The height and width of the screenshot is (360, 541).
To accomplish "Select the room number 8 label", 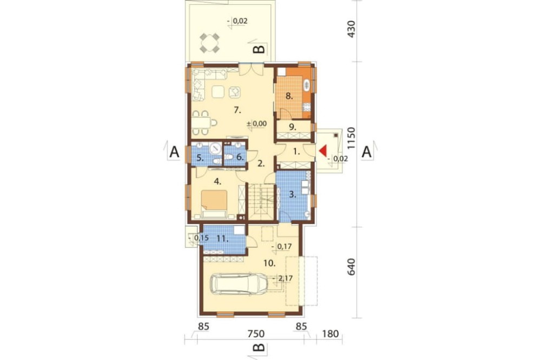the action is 289,96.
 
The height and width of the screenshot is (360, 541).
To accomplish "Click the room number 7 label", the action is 237,110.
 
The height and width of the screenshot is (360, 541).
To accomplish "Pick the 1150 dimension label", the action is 351,138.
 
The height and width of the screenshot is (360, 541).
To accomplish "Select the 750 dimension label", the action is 256,334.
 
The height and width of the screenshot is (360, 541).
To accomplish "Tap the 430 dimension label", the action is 351,29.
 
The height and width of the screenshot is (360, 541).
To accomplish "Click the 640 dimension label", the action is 351,267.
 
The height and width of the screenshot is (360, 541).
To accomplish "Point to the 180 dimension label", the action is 330,334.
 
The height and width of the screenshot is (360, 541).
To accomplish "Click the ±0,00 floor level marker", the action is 256,123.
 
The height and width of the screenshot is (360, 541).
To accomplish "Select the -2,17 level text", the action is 282,278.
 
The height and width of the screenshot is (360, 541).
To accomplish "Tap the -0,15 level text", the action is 199,238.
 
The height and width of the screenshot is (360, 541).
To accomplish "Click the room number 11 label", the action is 222,238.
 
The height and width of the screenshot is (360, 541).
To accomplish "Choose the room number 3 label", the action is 292,195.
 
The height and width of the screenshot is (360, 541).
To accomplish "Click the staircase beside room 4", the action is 261,202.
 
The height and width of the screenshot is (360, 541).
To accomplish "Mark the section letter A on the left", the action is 175,152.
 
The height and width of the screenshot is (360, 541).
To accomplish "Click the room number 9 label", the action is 292,126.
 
